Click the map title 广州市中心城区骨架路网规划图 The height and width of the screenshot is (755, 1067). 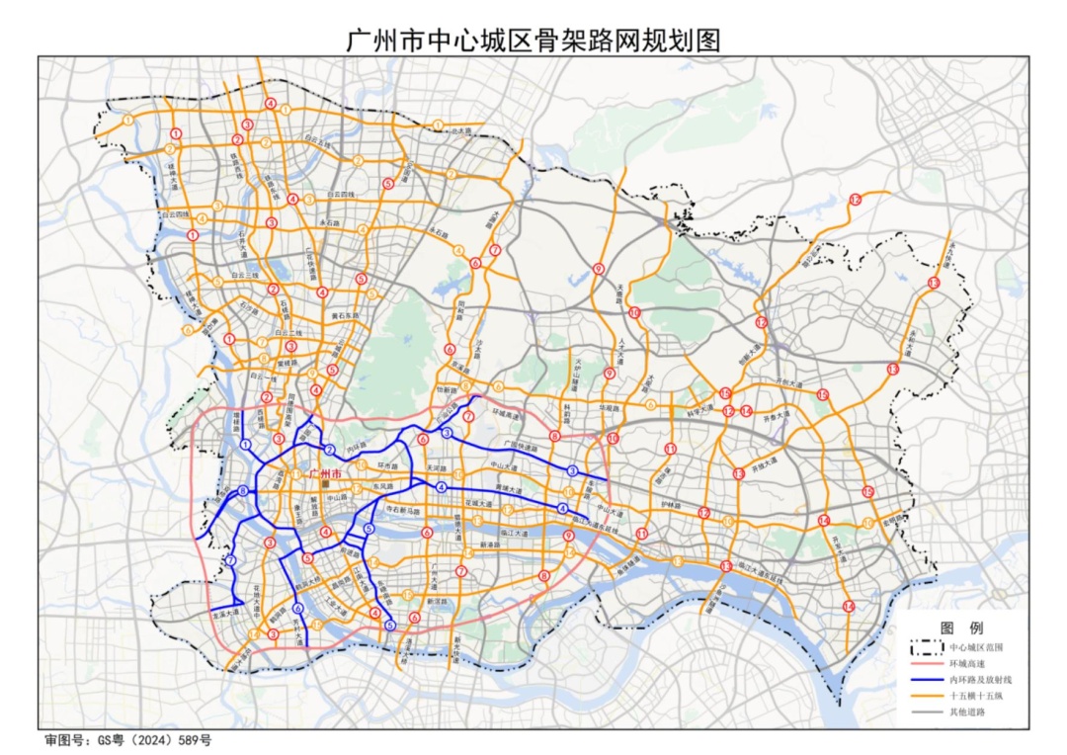533,40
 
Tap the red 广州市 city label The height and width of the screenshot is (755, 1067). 325,473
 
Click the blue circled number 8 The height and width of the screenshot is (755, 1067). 243,491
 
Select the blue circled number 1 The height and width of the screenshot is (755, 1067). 245,446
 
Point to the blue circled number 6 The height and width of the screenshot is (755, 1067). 298,610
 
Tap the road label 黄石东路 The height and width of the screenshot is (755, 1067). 345,316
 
